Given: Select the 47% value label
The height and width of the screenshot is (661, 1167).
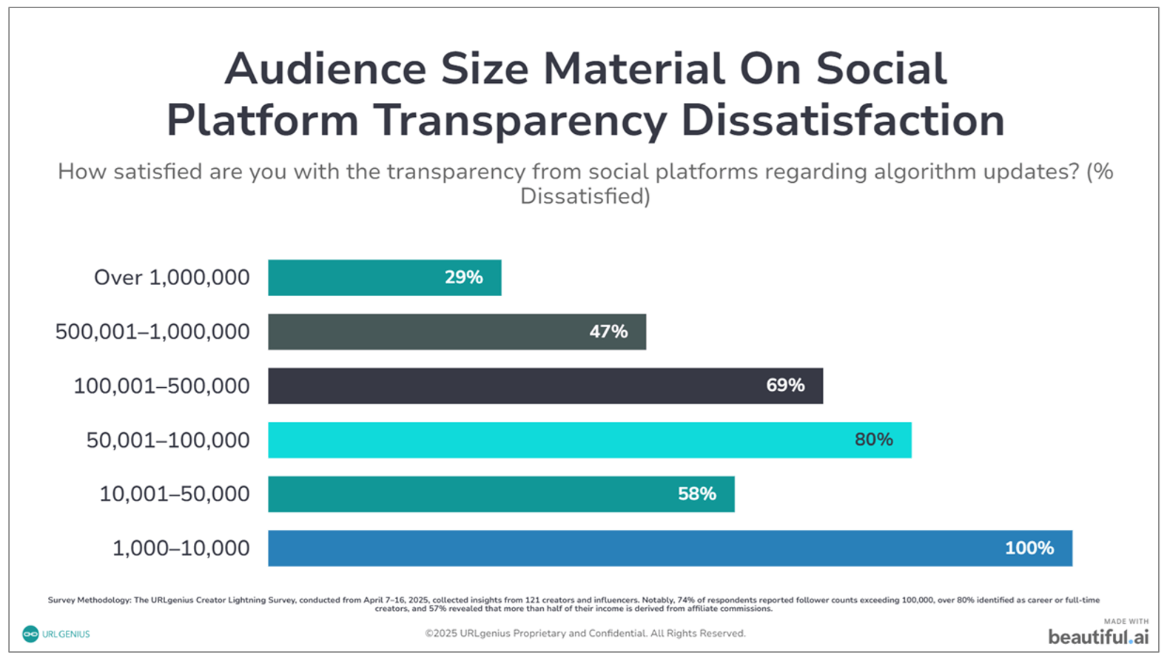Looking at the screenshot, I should [608, 332].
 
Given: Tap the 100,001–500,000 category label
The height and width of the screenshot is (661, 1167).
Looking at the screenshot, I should [161, 386].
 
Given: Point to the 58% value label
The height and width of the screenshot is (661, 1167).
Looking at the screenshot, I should [696, 494].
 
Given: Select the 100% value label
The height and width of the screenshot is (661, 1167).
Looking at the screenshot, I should [1029, 548].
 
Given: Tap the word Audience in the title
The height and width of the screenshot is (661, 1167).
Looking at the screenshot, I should [326, 69].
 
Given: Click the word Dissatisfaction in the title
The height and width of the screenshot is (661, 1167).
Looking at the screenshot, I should [843, 121].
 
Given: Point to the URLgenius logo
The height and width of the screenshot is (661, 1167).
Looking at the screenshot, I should [56, 634].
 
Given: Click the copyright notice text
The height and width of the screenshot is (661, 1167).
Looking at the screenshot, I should [585, 634].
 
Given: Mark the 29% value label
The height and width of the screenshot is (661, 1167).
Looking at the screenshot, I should [463, 278].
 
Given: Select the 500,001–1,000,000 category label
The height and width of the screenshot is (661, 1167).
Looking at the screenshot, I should [152, 332].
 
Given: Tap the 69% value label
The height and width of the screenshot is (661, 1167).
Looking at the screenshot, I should [785, 386].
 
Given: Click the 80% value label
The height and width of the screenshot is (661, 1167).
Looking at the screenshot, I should [873, 440].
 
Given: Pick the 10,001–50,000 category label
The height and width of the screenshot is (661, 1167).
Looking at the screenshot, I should [175, 494].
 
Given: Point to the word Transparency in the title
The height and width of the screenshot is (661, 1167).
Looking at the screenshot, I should [519, 121].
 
